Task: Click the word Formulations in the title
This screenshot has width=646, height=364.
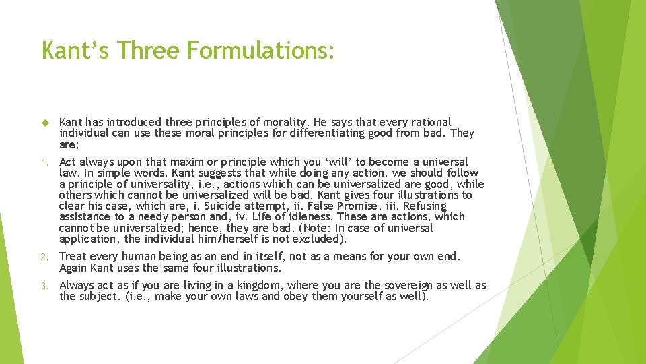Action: click(262, 49)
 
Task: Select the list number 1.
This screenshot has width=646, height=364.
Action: click(44, 162)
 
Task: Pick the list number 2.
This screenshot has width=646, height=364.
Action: click(44, 257)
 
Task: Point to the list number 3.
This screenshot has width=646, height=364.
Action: click(44, 286)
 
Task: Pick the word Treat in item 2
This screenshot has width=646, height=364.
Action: click(73, 256)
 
